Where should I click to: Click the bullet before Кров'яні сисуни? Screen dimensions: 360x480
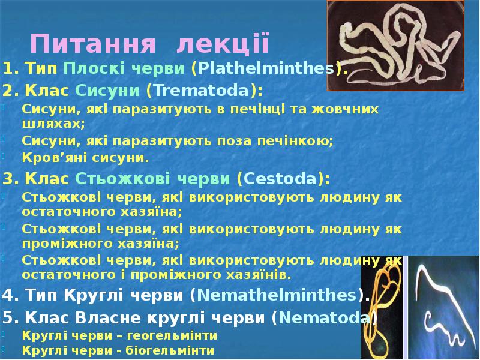5,156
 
